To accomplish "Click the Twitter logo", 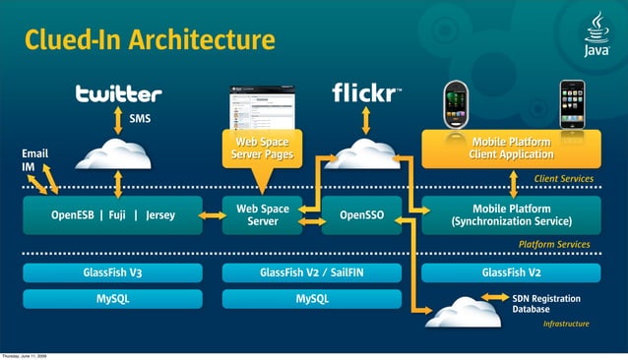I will pyautogui.click(x=118, y=94).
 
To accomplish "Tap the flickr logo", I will pyautogui.click(x=365, y=92).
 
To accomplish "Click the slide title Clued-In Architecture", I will pyautogui.click(x=149, y=40).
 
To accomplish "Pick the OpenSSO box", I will pyautogui.click(x=361, y=215).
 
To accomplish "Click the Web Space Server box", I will pyautogui.click(x=263, y=215).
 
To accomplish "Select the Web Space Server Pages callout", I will pyautogui.click(x=262, y=149).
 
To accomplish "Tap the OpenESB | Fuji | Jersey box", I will pyautogui.click(x=112, y=215).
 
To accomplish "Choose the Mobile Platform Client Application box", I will pyautogui.click(x=511, y=149).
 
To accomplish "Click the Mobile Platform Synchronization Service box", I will pyautogui.click(x=511, y=215).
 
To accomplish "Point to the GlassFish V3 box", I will pyautogui.click(x=112, y=272).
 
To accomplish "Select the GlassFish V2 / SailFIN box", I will pyautogui.click(x=312, y=272).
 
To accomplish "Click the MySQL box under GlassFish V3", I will pyautogui.click(x=112, y=298).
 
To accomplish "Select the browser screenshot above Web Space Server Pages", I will pyautogui.click(x=262, y=106).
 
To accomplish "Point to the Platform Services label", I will pyautogui.click(x=554, y=244).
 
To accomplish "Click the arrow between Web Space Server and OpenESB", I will pyautogui.click(x=213, y=215).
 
